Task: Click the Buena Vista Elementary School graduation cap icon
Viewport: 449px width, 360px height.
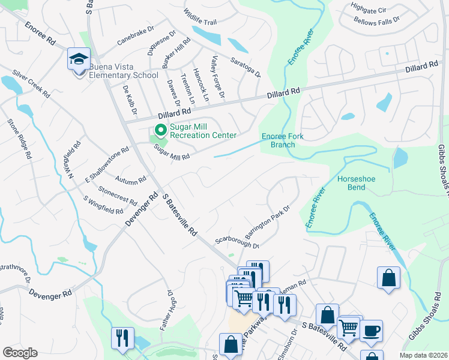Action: [78, 59]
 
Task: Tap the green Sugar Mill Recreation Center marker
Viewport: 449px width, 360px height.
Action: [160, 130]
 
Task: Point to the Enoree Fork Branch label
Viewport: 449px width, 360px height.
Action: [282, 140]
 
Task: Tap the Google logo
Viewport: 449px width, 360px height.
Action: [20, 353]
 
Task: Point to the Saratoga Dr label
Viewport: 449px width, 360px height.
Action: [246, 67]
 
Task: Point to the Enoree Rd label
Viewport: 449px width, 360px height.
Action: [40, 35]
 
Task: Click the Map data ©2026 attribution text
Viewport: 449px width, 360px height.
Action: [423, 355]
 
